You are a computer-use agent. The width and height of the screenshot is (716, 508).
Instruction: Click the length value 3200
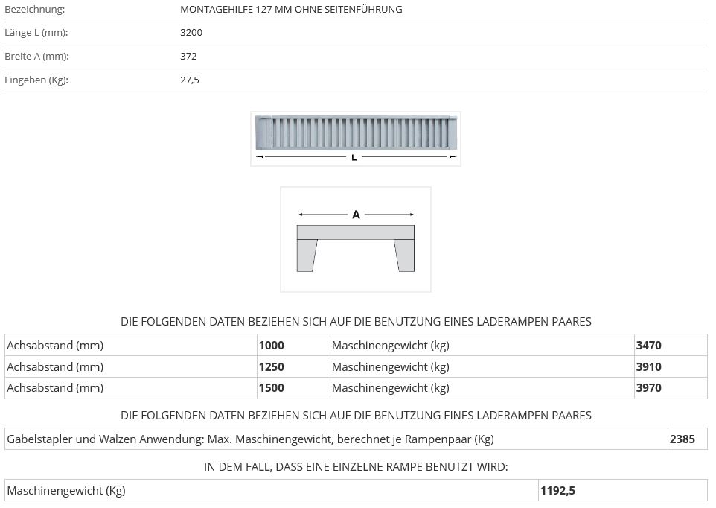click(191, 33)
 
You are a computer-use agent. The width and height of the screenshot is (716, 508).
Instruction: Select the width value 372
click(188, 56)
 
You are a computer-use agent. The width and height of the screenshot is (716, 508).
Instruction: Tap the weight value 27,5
click(190, 80)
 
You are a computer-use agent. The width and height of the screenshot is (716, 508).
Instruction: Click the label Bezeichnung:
click(35, 9)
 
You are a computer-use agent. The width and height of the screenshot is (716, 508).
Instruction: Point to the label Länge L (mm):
click(36, 33)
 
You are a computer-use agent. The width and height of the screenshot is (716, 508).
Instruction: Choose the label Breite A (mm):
click(36, 56)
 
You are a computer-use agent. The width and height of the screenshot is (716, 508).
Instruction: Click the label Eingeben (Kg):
click(36, 80)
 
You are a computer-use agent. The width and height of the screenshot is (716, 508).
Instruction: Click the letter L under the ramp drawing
click(354, 158)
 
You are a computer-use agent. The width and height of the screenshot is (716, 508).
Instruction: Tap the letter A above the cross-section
click(357, 215)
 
